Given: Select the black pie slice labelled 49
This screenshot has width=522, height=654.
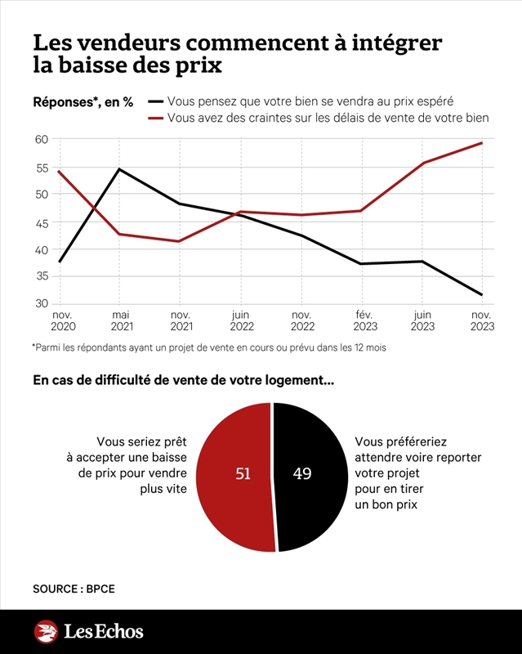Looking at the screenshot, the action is point(310,477).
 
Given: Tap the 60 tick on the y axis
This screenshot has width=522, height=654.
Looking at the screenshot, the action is point(42,139).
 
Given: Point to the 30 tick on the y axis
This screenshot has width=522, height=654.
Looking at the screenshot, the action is point(42,303).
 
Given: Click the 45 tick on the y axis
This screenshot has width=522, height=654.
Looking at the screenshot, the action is point(42,223).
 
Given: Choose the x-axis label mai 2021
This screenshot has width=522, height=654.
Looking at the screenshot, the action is point(122,320).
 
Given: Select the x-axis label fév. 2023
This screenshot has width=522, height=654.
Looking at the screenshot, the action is point(365,320).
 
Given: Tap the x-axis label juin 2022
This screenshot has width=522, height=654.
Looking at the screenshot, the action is point(242,320).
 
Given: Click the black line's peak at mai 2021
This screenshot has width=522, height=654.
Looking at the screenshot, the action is point(119,169).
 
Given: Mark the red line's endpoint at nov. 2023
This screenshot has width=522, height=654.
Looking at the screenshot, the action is point(483,142).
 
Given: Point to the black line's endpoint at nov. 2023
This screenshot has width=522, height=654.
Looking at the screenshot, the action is point(483,295).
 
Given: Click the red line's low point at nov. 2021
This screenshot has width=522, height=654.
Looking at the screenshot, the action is point(180,241).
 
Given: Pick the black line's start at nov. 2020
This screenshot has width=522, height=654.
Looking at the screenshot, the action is point(60,262).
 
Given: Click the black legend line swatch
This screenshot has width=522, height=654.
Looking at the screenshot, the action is point(155,101).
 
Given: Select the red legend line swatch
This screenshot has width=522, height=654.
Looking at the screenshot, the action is point(155,119).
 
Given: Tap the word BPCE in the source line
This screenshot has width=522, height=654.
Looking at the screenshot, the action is point(100,589).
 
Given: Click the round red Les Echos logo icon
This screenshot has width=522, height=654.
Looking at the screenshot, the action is point(46,631).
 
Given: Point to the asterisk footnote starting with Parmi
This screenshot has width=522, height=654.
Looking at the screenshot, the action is point(209,347).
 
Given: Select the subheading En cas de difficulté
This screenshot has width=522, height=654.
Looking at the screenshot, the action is point(184,380).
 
